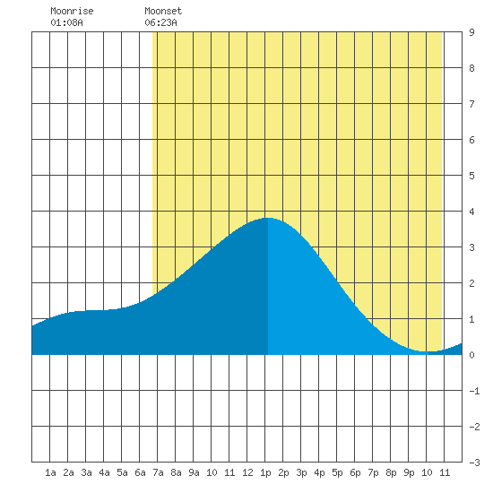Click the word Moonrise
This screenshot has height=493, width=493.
click(72, 11)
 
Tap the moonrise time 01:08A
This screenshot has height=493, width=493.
click(66, 22)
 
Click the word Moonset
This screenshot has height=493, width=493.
click(163, 11)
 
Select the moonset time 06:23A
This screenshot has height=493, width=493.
click(160, 22)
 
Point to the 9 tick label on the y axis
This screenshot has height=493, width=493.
click(471, 32)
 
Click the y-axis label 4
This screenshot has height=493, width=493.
click(471, 212)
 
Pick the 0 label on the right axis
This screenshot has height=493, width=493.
click(471, 355)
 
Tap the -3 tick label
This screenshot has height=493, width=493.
click(474, 463)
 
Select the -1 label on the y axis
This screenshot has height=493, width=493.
click(474, 391)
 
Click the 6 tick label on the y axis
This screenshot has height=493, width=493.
click(471, 140)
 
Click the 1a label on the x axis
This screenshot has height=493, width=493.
click(50, 472)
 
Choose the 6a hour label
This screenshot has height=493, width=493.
click(140, 472)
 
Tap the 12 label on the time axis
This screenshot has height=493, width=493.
click(247, 472)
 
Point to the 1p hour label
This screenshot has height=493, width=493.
click(265, 472)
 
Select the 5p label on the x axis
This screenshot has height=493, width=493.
click(337, 472)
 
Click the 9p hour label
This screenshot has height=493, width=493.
click(409, 472)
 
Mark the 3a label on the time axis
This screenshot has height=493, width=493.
click(86, 472)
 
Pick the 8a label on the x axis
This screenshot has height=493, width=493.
click(176, 472)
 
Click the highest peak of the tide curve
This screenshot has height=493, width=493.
click(268, 218)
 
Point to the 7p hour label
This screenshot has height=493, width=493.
click(373, 472)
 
